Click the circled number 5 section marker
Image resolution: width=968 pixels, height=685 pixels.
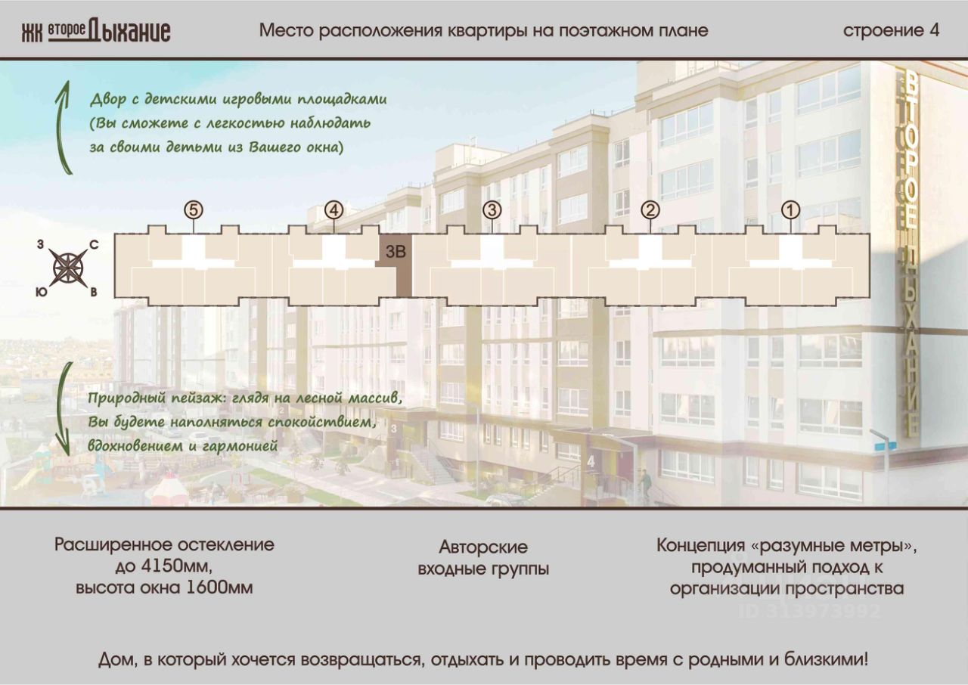tap(194, 209)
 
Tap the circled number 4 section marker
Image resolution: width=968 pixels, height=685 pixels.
tap(334, 209)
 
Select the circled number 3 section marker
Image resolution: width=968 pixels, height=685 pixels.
tap(492, 209)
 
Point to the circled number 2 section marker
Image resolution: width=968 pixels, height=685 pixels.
tap(650, 209)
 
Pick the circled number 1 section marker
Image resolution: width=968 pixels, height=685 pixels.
tap(790, 209)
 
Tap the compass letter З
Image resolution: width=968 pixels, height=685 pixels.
tap(40, 244)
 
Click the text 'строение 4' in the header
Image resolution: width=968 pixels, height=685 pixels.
tap(891, 30)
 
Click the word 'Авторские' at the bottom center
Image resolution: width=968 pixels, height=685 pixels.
tap(483, 547)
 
